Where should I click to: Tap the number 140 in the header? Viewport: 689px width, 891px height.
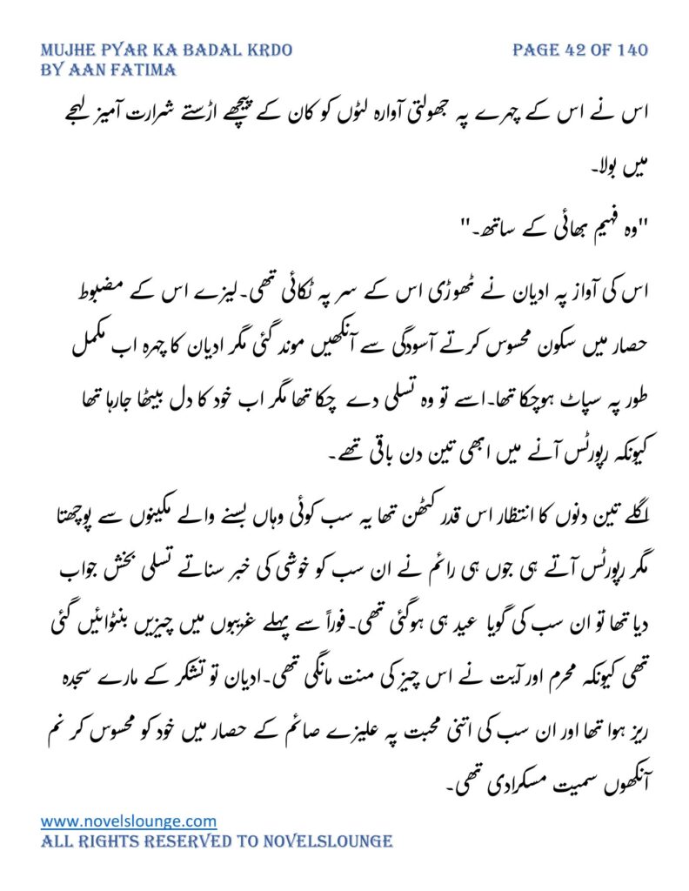(x=630, y=50)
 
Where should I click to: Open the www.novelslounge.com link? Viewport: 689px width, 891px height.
(x=129, y=821)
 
